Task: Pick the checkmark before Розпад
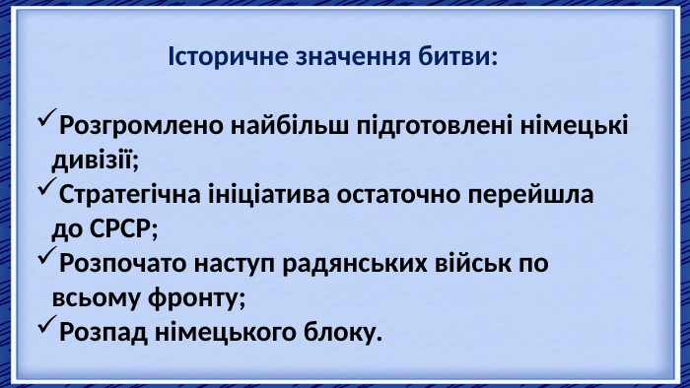[x=47, y=324]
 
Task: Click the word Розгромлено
[x=142, y=127]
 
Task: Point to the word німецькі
[x=575, y=125]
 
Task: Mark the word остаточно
[x=398, y=195]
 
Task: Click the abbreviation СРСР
[x=120, y=228]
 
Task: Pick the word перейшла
[x=530, y=195]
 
